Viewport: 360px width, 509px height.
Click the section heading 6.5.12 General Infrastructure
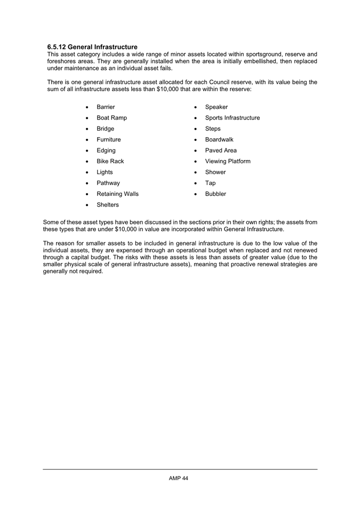[92, 47]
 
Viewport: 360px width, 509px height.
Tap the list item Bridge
[105, 129]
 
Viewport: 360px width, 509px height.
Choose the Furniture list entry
[109, 140]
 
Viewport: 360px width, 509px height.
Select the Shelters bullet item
[108, 205]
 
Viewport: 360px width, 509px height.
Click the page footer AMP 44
[179, 478]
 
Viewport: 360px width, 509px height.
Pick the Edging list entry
[106, 150]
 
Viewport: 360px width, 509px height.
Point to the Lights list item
[105, 172]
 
